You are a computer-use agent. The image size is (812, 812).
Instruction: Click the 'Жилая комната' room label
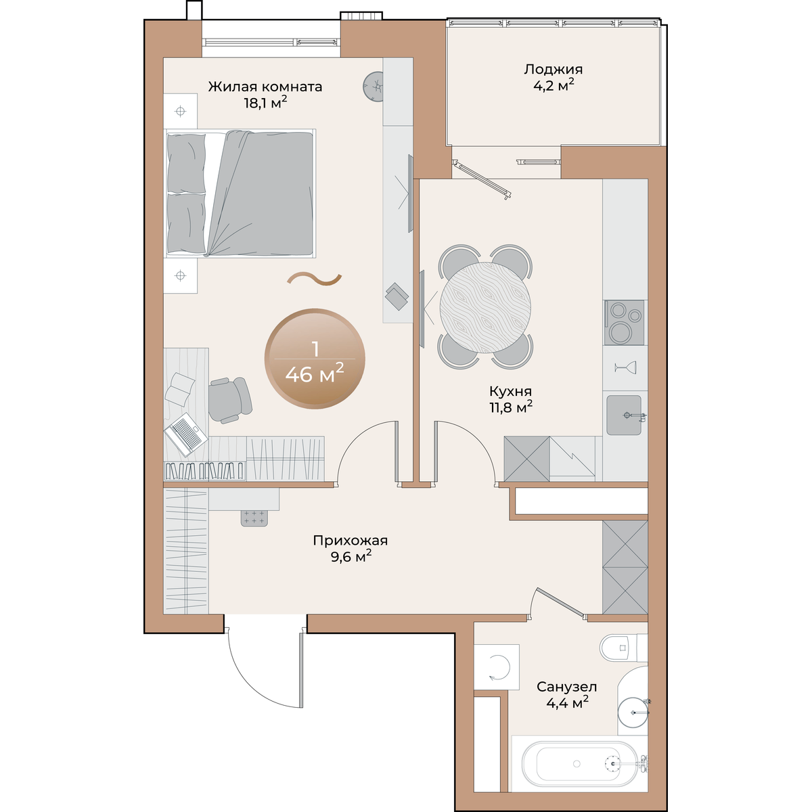tap(265, 87)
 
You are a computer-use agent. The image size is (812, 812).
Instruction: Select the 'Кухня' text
tap(510, 391)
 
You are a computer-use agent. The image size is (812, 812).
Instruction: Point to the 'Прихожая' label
tap(350, 540)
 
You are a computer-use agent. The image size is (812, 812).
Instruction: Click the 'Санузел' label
tap(567, 687)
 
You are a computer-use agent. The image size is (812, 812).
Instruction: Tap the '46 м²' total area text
tap(315, 373)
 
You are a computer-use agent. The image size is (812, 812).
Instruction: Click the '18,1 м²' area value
tap(265, 103)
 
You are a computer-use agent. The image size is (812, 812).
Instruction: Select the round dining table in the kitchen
tap(485, 308)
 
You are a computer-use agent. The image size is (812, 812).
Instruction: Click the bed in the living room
tap(240, 194)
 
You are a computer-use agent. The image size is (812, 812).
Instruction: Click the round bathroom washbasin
tap(633, 713)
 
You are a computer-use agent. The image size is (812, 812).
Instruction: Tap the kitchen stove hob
tap(624, 322)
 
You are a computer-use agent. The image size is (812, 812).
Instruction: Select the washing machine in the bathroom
tap(497, 667)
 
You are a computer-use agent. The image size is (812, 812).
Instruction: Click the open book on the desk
tap(180, 389)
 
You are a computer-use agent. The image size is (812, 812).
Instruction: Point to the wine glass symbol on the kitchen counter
tap(625, 368)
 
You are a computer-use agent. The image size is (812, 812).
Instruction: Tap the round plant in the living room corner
tap(374, 87)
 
